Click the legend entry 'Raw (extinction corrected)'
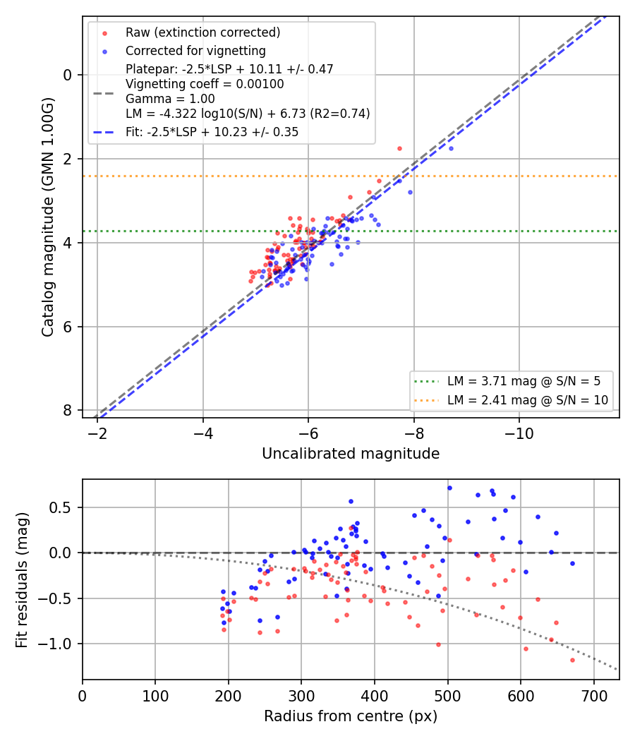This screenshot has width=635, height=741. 202,32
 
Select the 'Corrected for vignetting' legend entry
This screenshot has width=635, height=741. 195,51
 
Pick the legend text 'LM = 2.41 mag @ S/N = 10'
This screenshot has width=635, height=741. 528,400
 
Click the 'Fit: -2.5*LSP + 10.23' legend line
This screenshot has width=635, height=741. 212,133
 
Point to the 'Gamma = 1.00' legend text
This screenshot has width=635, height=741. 170,99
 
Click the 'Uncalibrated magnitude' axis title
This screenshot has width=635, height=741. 351,454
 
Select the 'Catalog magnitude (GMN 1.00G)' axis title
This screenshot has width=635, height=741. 48,217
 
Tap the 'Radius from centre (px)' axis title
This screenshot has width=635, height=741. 351,716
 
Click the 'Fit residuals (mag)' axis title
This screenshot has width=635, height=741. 22,580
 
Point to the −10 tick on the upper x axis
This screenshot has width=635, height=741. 519,433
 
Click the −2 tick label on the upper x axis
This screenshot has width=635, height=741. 97,433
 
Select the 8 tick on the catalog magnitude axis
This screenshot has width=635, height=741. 68,411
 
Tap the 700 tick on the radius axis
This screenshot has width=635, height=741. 593,696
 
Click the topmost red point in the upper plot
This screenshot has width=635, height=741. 400,148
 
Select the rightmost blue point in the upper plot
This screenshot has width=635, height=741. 452,148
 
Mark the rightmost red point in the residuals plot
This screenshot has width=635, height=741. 573,660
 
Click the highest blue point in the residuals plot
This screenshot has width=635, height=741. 449,488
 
